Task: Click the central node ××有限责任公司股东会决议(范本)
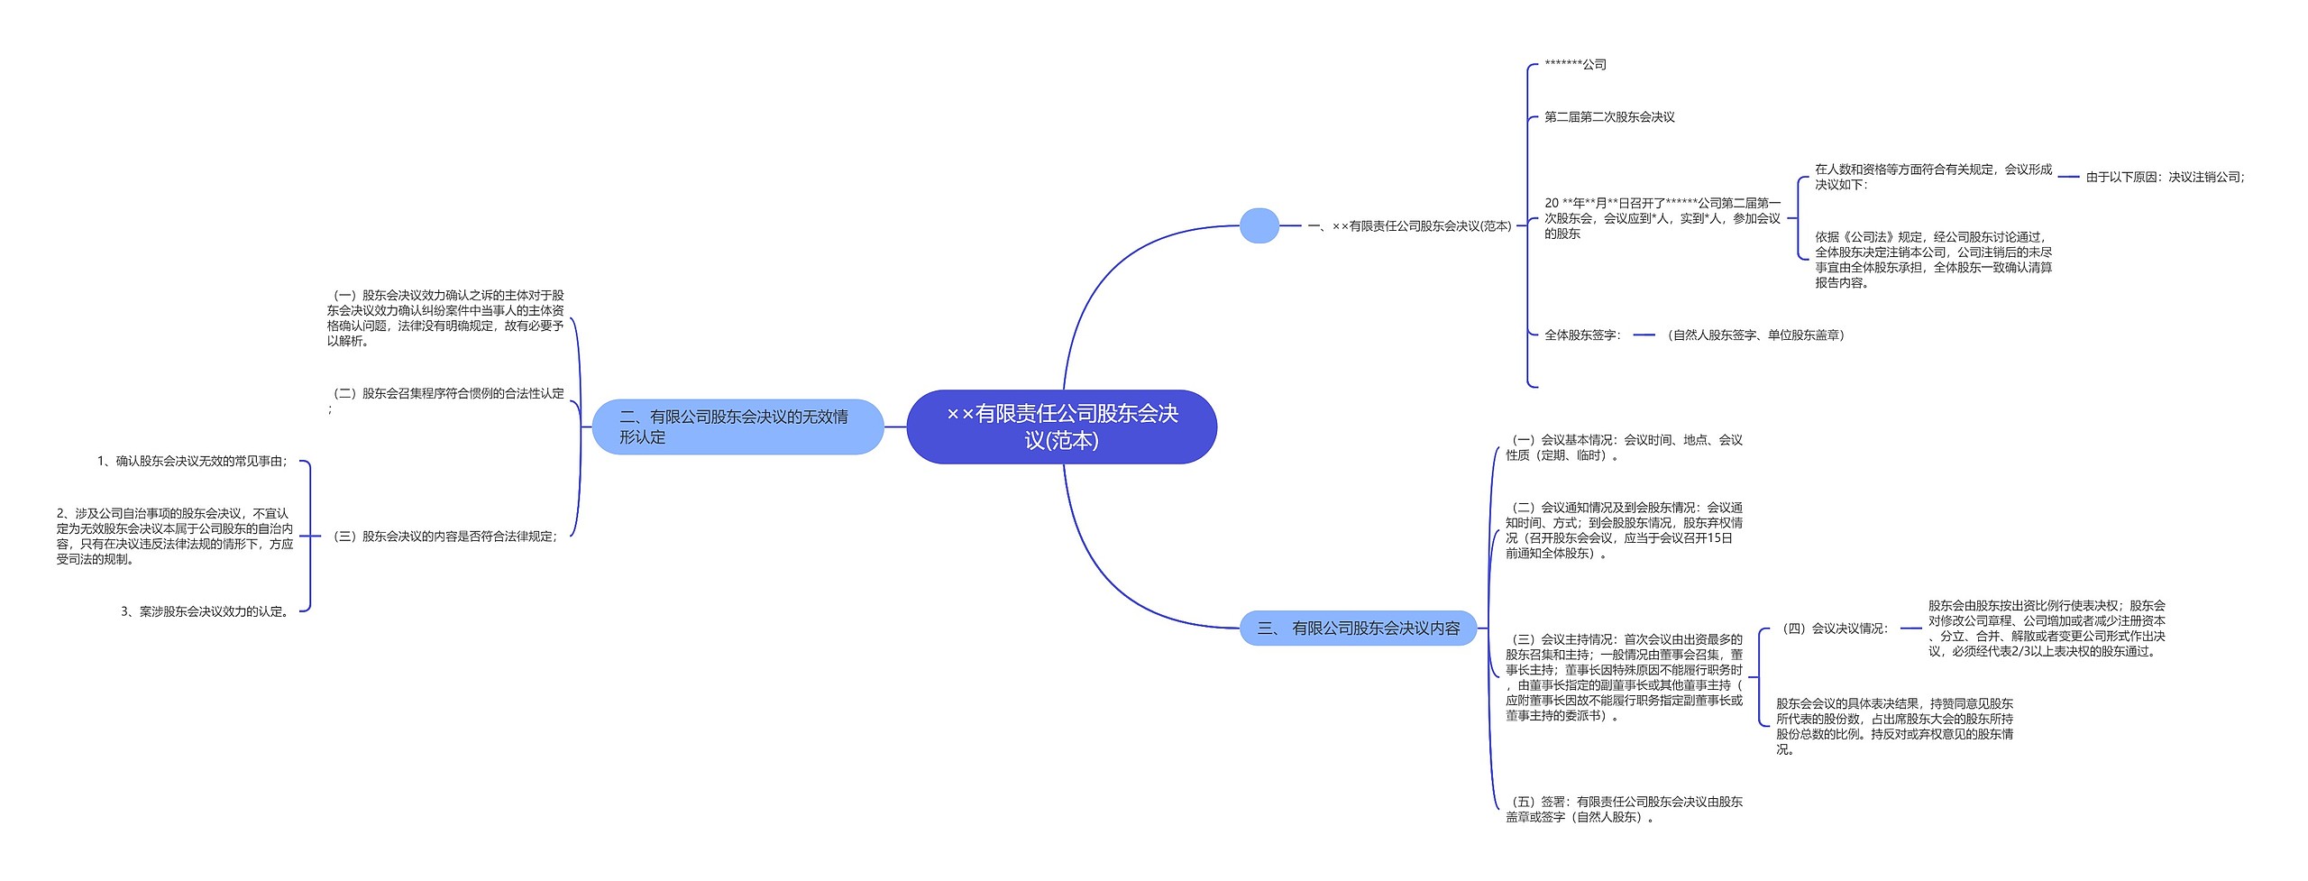[1061, 427]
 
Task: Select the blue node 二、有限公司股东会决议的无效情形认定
[737, 427]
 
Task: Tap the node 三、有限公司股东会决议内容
[1358, 629]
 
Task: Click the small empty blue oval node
[1259, 225]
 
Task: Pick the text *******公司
[1575, 65]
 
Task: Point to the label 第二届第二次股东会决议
[1609, 117]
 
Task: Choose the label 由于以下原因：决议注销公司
[2165, 178]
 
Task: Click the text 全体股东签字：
[1582, 335]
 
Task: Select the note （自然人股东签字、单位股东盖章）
[1754, 335]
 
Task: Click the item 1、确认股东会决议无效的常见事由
[193, 462]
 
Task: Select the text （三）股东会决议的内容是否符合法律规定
[445, 537]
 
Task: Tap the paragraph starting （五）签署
[1624, 809]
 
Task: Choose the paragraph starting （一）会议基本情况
[1624, 447]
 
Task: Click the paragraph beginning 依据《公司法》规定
[1933, 260]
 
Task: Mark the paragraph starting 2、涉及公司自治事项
[175, 537]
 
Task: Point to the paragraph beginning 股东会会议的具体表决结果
[1894, 726]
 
